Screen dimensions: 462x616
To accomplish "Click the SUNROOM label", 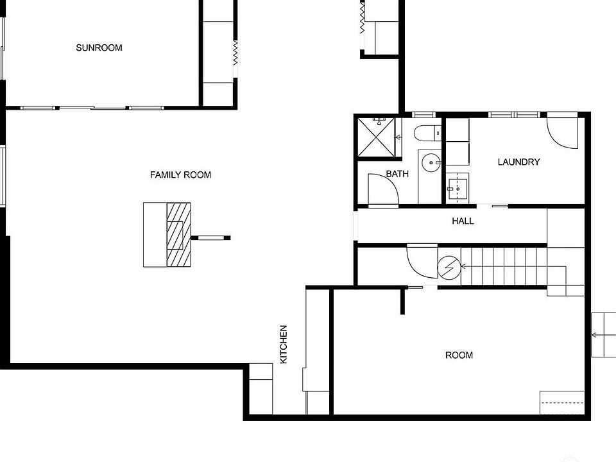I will point(99,47).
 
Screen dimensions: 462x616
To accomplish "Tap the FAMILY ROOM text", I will point(180,175).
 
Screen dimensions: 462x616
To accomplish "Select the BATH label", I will point(397,174).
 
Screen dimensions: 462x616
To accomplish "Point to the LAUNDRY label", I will point(518,162).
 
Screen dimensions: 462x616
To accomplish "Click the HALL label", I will point(463,221).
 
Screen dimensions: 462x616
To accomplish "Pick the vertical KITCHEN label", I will point(284,345).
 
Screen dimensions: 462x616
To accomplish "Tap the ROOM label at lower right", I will point(459,355).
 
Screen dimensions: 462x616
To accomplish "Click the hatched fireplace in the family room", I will point(179,234).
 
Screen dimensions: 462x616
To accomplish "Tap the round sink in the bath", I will point(431,163).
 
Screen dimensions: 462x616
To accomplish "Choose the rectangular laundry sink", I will point(458,187).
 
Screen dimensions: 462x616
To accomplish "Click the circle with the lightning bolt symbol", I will point(449,267).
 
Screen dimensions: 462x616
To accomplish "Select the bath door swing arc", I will point(384,190).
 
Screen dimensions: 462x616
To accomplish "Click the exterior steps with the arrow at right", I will point(602,334).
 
